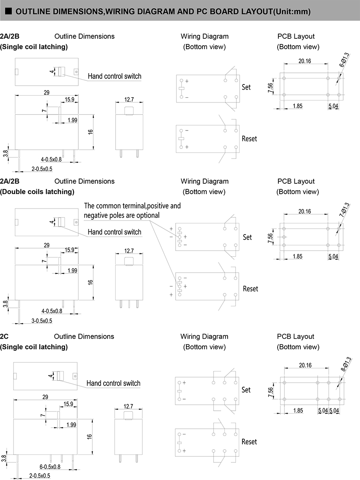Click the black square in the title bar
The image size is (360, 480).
(8, 11)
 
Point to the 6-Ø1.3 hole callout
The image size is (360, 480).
(344, 60)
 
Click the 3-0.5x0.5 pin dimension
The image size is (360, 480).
(42, 321)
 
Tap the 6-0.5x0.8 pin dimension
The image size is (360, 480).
(50, 467)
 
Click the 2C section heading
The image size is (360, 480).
(4, 336)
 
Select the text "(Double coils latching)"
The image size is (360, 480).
(37, 191)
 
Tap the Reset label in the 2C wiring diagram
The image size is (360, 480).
(249, 442)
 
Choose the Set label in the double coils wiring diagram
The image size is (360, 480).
(248, 237)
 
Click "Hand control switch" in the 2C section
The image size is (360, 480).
(113, 383)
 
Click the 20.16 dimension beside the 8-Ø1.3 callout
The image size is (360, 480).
(305, 365)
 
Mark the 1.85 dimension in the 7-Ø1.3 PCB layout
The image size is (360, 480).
(297, 257)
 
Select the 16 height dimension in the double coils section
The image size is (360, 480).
(91, 282)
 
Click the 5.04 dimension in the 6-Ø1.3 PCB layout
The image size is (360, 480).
(333, 106)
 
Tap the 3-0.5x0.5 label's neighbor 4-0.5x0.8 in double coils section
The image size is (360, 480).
(52, 311)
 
